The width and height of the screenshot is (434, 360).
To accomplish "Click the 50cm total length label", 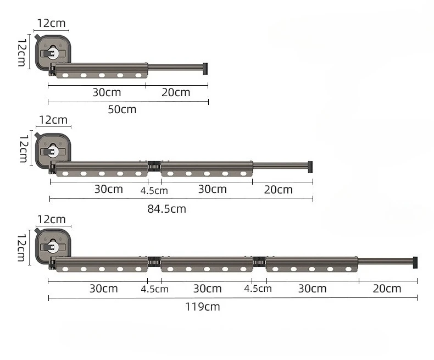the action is (x=122, y=109).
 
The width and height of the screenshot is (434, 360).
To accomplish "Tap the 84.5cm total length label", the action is (x=166, y=209).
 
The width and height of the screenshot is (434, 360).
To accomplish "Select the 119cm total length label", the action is (x=202, y=307).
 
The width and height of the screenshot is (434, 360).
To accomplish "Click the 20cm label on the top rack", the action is (x=176, y=92).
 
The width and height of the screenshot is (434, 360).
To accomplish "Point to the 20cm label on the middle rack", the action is (x=278, y=190).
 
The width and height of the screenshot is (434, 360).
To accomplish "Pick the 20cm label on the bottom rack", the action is (x=387, y=289).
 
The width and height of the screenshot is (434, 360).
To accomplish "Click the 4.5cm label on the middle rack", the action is (x=154, y=191).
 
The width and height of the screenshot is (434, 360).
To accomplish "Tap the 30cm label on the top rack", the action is (x=107, y=92).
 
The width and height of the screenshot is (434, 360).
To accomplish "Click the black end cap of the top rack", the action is (x=205, y=69).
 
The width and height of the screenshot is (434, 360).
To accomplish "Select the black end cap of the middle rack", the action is (x=310, y=167).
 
